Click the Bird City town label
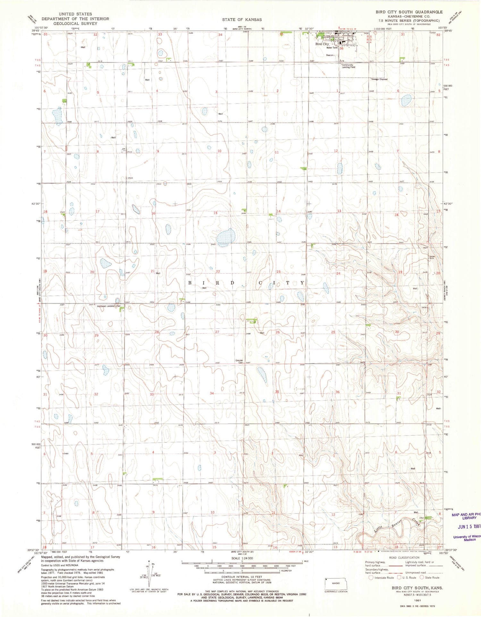pos(322,44)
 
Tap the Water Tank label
pos(332,48)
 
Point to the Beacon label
pos(330,55)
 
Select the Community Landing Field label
pos(348,66)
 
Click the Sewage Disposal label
pos(379,79)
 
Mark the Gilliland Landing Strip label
pos(109,306)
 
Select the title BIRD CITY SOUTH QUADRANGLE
pos(409,12)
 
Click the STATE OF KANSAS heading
pos(242,20)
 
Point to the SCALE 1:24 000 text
pos(242,558)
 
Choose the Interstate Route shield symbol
pos(371,578)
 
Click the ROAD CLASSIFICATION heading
pos(403,557)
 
